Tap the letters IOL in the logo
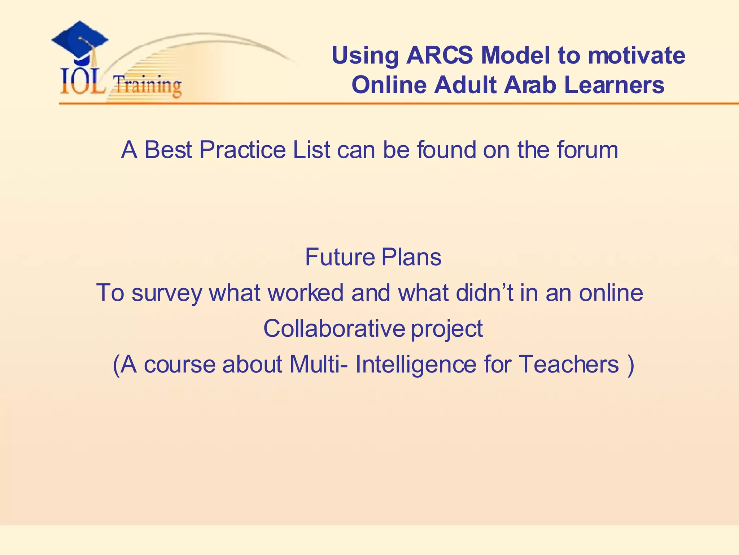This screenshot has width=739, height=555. pos(83,83)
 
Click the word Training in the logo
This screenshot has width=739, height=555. pos(147,86)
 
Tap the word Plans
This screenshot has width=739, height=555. pos(411,257)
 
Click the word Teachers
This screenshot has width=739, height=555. pos(569,364)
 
